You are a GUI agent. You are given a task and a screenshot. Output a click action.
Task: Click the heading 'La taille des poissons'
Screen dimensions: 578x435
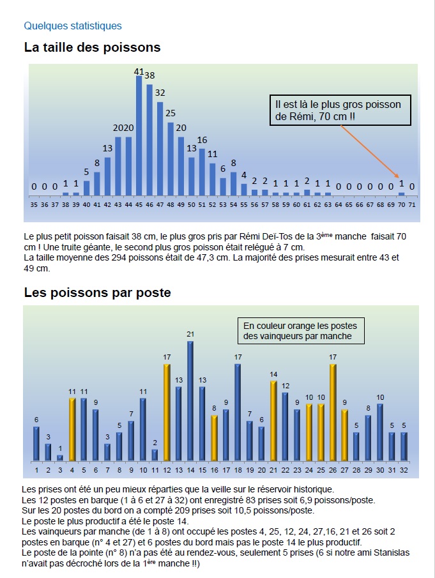[92, 47]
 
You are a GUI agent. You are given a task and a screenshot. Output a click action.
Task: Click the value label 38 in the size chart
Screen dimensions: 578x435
[149, 75]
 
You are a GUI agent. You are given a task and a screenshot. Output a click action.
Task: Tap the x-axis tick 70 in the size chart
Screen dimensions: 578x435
[401, 206]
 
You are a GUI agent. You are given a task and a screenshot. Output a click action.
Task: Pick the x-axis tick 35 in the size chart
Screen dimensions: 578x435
[34, 206]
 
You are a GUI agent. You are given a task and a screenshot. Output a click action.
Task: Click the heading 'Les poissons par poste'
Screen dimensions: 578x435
[97, 293]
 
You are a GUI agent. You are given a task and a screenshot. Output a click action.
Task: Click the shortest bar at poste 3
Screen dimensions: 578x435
[60, 457]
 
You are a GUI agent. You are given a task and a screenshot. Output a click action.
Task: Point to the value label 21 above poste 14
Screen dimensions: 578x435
[190, 334]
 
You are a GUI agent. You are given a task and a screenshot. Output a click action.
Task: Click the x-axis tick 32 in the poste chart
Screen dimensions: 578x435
[404, 470]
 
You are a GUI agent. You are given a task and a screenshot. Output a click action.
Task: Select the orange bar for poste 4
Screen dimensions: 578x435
[72, 429]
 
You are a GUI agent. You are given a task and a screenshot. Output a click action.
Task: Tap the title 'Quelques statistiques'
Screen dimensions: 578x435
[72, 26]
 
